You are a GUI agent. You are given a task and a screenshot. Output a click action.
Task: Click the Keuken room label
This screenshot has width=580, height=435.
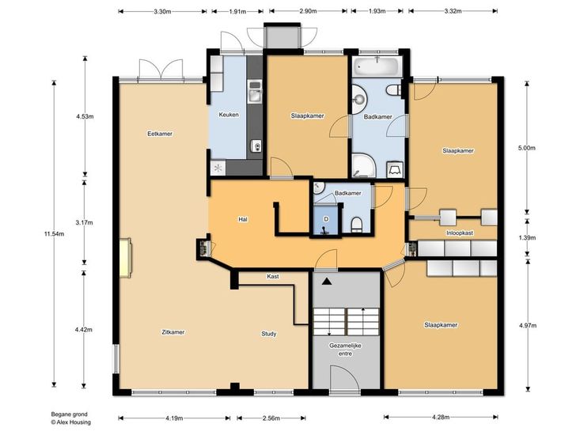click(x=229, y=115)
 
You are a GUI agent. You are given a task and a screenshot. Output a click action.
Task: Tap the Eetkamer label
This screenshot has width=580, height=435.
click(x=160, y=134)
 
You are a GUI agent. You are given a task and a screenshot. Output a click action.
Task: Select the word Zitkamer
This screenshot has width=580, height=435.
click(x=173, y=332)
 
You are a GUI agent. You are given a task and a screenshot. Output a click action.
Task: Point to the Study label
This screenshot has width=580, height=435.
click(x=269, y=334)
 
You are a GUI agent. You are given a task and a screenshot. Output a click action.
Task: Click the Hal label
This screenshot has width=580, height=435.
click(x=243, y=219)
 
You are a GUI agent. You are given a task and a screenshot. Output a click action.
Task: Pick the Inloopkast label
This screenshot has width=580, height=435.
click(x=460, y=233)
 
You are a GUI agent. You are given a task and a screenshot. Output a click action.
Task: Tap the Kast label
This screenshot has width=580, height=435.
click(x=273, y=277)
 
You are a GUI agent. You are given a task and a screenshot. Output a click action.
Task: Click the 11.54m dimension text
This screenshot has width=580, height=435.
click(x=54, y=233)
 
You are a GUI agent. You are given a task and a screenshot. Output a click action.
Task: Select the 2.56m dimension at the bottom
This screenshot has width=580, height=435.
click(x=271, y=418)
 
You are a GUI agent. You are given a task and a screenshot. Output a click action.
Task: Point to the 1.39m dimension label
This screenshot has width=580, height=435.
click(x=527, y=237)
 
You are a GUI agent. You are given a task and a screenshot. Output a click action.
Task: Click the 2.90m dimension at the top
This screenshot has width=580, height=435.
click(x=308, y=11)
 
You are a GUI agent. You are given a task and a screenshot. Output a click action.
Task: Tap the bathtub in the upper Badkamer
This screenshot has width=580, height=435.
click(x=377, y=67)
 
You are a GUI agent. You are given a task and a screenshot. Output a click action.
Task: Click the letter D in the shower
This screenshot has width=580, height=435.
click(x=326, y=219)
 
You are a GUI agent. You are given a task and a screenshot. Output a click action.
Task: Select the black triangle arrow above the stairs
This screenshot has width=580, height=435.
click(x=326, y=282)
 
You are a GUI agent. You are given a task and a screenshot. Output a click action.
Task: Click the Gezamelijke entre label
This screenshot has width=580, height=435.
click(x=345, y=350)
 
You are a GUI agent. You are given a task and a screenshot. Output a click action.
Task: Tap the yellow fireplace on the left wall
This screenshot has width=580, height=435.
click(x=125, y=258)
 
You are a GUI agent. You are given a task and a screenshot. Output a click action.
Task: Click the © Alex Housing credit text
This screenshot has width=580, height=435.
click(x=70, y=422)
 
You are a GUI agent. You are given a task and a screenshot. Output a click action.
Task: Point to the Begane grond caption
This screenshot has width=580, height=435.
click(x=69, y=414)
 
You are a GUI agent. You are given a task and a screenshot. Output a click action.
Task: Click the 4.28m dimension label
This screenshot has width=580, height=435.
click(x=441, y=418)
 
